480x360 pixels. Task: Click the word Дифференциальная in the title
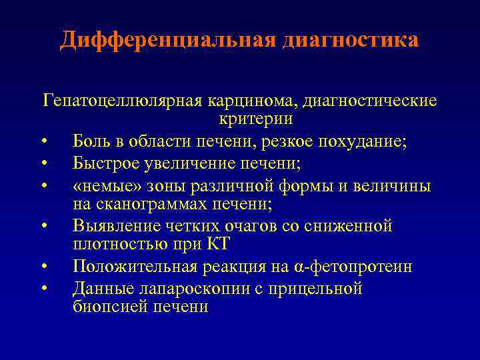(x=167, y=40)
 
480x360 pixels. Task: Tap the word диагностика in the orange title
(x=351, y=40)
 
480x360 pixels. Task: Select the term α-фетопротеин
(x=353, y=267)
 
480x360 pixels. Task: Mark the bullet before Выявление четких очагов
(x=43, y=227)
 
